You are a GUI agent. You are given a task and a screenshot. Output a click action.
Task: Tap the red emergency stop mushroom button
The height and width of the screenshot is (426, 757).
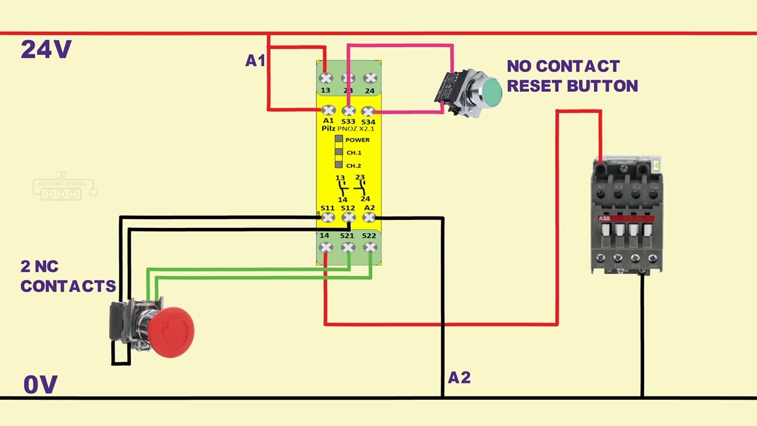pyautogui.click(x=171, y=331)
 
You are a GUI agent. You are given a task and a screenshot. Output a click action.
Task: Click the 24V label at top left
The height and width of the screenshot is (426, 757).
pyautogui.click(x=46, y=50)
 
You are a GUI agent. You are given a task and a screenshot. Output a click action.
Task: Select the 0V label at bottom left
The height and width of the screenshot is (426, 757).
pyautogui.click(x=40, y=385)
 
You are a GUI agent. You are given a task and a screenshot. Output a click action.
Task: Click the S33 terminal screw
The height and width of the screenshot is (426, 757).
pyautogui.click(x=349, y=111)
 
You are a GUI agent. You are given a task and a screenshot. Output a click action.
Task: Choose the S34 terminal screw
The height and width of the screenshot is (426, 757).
pyautogui.click(x=368, y=111)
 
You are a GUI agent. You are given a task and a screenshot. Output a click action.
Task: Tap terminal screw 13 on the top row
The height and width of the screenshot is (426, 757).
pyautogui.click(x=325, y=78)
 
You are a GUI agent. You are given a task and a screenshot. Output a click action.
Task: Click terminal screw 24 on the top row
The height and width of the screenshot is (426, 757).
pyautogui.click(x=370, y=78)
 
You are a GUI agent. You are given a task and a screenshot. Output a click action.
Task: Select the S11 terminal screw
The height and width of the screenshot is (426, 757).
pyautogui.click(x=328, y=217)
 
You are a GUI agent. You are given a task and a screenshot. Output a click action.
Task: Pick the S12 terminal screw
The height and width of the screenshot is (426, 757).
pyautogui.click(x=349, y=217)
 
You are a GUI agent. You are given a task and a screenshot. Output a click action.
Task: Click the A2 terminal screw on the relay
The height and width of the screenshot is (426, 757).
pyautogui.click(x=369, y=217)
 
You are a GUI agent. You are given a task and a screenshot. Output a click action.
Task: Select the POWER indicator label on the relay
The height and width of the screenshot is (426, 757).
pyautogui.click(x=357, y=140)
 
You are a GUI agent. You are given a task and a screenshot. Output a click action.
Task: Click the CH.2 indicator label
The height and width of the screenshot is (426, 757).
pyautogui.click(x=353, y=166)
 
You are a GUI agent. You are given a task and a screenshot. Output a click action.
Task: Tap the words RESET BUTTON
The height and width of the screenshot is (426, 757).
pyautogui.click(x=572, y=86)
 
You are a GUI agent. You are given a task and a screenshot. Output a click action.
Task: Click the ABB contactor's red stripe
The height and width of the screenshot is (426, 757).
pyautogui.click(x=626, y=219)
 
